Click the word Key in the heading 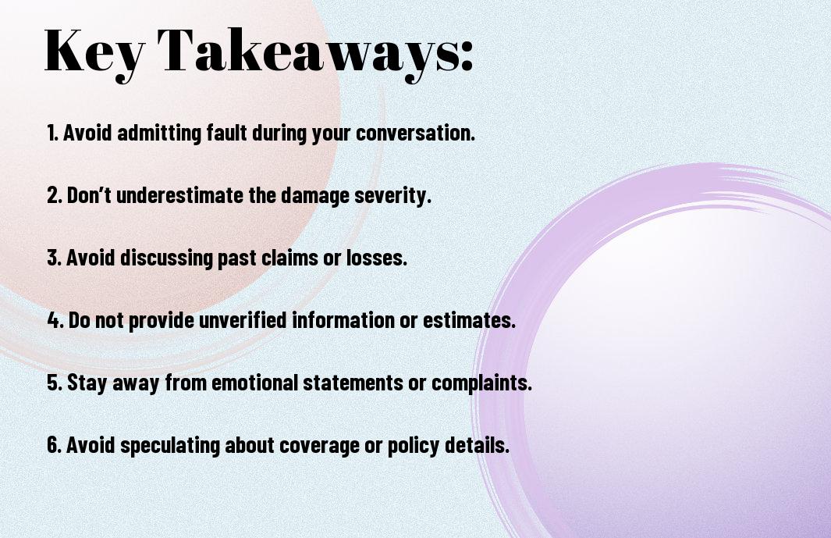point(94,54)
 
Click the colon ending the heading point(467,55)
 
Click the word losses point(377,258)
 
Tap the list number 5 point(55,383)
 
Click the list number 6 point(55,444)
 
